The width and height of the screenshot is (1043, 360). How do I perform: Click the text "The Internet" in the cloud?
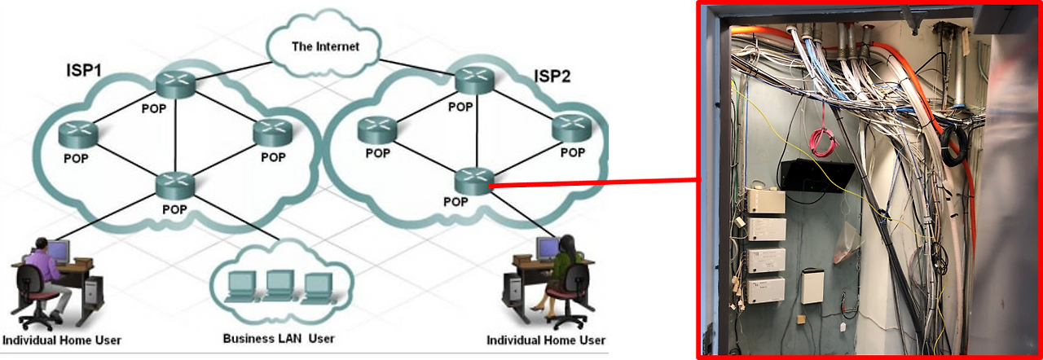pyautogui.click(x=325, y=46)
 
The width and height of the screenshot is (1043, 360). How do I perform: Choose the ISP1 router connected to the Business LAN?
pyautogui.click(x=176, y=184)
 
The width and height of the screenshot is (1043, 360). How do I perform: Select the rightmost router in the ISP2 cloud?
pyautogui.click(x=572, y=127)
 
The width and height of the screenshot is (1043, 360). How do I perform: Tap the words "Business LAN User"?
pyautogui.click(x=279, y=338)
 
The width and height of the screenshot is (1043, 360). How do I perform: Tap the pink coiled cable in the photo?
pyautogui.click(x=821, y=140)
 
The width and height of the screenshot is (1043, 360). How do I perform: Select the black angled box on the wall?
pyautogui.click(x=816, y=174)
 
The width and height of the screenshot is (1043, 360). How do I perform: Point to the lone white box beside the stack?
pyautogui.click(x=813, y=286)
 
